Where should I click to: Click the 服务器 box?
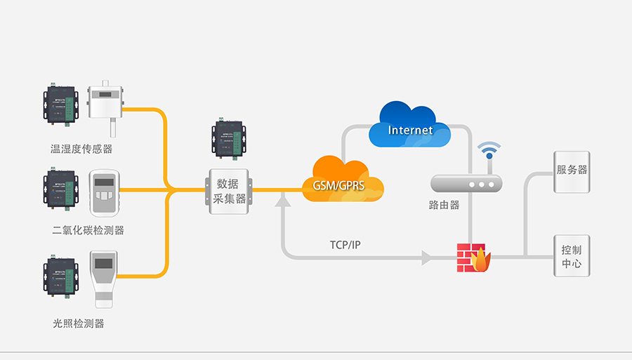coord(572,171)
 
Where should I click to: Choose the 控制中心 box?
coord(572,256)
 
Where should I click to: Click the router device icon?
coord(467,183)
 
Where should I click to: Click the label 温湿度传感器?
coord(81,149)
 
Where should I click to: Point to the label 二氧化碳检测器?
coord(88,230)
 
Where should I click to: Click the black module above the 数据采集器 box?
coord(228,139)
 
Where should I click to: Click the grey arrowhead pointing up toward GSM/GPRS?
coord(282,201)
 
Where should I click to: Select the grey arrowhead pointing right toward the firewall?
coord(426,258)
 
